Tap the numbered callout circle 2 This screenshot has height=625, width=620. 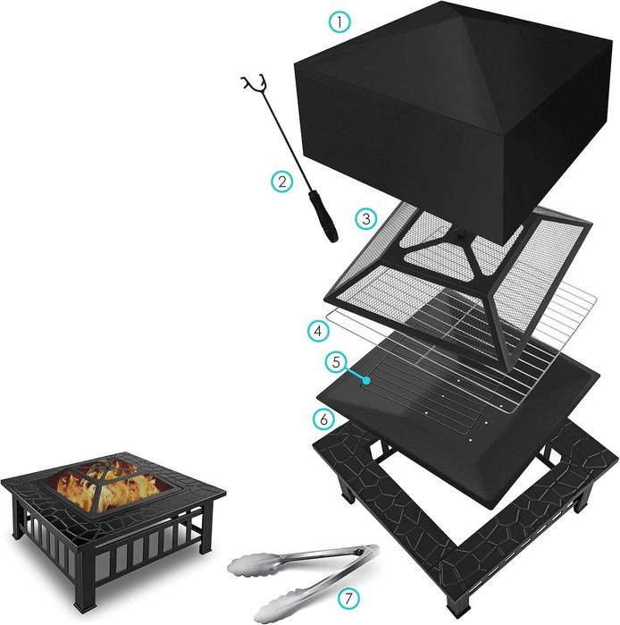281,182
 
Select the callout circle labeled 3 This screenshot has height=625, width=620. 364,217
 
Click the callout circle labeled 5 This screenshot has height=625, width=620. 336,362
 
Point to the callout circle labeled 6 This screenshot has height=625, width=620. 323,418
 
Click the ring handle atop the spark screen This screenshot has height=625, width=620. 461,233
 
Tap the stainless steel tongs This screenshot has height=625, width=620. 295,572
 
